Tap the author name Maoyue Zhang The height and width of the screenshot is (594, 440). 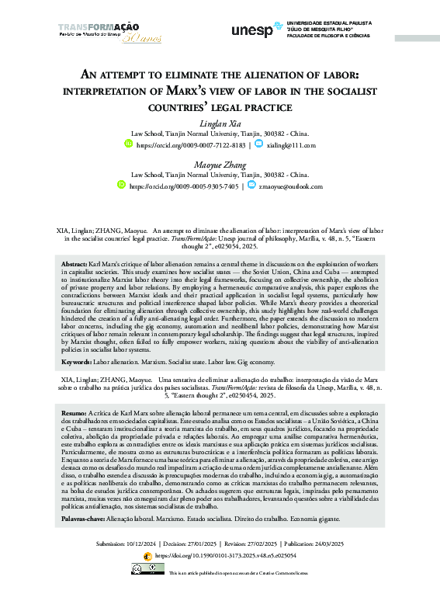[220, 164]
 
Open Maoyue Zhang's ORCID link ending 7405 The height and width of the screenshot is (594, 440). [183, 186]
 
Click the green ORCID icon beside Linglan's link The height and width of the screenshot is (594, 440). [129, 144]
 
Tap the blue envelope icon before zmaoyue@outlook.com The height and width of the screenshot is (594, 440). [251, 186]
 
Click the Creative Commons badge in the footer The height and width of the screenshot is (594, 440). [147, 569]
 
